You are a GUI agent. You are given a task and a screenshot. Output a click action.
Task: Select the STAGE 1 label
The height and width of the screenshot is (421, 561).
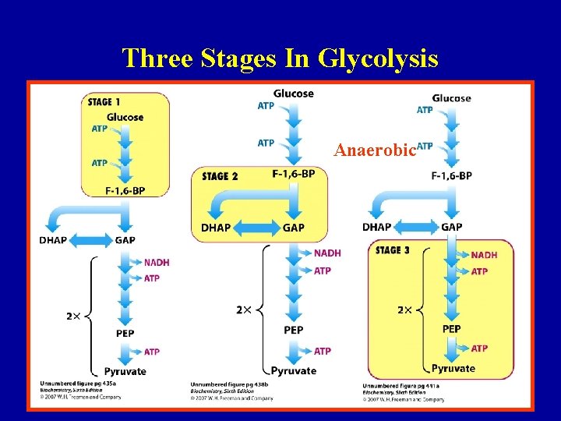(104, 102)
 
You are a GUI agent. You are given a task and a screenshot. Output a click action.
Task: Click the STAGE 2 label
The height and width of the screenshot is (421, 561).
(220, 176)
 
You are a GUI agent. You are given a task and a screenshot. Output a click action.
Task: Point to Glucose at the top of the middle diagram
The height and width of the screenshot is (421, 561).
(294, 94)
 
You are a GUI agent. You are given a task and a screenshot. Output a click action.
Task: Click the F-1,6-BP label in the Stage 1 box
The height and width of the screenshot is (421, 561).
(125, 190)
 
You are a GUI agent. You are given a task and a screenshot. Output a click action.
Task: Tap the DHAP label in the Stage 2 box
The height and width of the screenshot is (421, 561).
(216, 228)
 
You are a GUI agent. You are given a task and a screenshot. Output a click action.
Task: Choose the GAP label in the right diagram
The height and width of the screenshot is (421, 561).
(452, 227)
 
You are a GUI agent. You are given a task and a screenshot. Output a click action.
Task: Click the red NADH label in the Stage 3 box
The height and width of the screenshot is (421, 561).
(484, 255)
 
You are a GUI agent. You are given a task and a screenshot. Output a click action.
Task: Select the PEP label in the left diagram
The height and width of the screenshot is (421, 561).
(125, 334)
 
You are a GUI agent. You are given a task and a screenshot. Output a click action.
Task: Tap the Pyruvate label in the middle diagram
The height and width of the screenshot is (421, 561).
(294, 371)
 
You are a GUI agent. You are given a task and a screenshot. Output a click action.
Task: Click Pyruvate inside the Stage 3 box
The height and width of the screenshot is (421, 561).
(453, 368)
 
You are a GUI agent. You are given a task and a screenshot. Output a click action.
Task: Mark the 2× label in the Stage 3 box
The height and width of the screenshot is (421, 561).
(405, 310)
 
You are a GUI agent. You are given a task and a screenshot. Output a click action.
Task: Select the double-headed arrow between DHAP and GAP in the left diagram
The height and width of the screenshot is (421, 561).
(91, 240)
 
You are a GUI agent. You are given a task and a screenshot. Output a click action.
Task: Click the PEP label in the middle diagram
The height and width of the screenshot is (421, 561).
(294, 331)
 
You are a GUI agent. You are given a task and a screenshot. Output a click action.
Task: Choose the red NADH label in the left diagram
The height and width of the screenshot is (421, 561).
(156, 262)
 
